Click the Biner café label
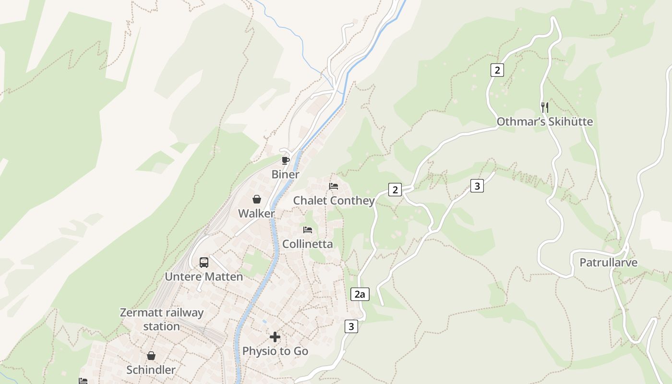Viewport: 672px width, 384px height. point(285,174)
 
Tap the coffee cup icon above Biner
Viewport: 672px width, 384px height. point(286,160)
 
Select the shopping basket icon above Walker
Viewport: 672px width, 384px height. point(257,199)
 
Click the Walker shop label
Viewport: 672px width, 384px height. point(257,214)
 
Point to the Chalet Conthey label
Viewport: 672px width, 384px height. point(334,201)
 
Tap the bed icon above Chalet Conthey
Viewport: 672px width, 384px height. point(334,186)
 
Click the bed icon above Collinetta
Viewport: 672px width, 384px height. point(308,230)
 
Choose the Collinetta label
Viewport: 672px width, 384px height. point(307,244)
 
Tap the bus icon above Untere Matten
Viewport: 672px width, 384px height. point(204,263)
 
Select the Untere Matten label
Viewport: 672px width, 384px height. point(204,277)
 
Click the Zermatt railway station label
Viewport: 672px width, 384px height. point(162,319)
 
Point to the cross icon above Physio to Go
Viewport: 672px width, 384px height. point(275,337)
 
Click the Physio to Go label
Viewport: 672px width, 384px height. point(275,351)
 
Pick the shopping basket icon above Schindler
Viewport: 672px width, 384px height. point(151,356)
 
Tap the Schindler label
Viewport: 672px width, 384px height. point(151,370)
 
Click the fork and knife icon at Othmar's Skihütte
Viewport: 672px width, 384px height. point(544,107)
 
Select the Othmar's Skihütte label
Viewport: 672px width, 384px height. point(544,122)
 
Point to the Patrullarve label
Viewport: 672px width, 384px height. point(608,263)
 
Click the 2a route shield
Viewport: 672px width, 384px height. point(360,294)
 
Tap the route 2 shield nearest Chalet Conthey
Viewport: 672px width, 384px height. point(395,190)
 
